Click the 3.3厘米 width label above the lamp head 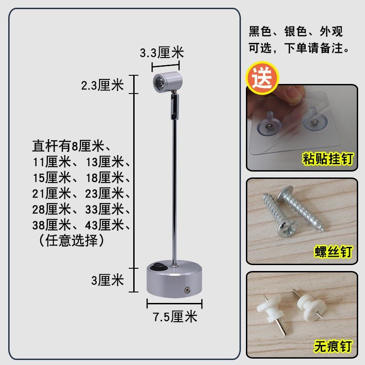point(162,53)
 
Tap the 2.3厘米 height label point(102,85)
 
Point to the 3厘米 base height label point(108,280)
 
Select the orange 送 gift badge point(262,78)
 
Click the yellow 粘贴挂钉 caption point(328,159)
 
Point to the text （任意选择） point(69,240)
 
